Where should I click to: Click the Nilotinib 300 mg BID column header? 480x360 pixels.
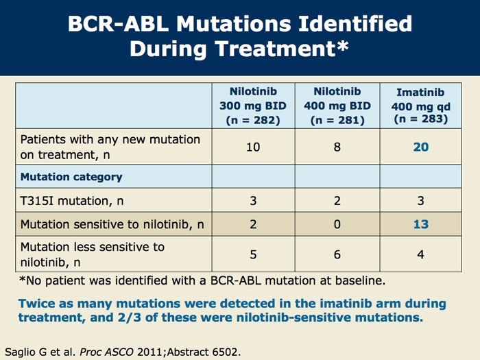253,106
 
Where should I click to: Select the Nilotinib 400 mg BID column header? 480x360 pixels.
337,106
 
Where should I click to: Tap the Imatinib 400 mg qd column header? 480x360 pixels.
420,106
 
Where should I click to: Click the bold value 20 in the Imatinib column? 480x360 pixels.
421,147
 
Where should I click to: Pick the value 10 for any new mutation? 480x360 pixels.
253,147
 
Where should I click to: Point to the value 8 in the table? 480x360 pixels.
337,147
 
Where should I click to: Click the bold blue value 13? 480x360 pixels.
421,224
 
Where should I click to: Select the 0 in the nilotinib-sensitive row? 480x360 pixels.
337,224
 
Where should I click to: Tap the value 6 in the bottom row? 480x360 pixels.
337,254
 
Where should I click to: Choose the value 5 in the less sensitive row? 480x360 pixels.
253,254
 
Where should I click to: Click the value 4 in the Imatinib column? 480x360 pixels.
420,254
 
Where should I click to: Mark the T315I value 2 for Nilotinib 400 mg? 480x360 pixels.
337,201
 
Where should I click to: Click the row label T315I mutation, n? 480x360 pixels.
72,201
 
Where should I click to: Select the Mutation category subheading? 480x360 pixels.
71,177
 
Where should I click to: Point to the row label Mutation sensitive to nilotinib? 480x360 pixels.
112,225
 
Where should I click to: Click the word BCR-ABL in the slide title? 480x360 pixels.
119,23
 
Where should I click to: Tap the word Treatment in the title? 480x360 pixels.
275,49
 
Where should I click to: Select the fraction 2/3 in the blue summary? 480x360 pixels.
129,317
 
